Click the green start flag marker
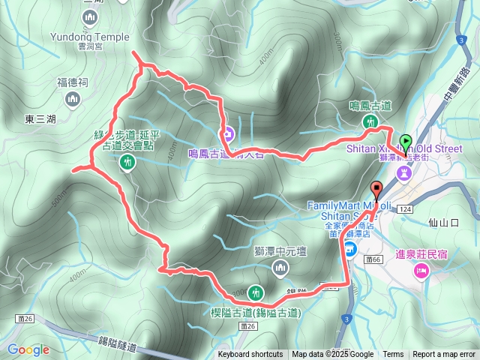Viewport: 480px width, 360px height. pos(406,140)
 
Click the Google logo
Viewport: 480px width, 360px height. pos(28,349)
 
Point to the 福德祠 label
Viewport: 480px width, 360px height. pos(73,84)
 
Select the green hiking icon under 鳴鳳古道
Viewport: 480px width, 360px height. pos(370,122)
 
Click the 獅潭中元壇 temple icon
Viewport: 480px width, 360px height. pos(280,268)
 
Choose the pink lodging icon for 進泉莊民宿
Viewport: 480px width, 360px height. pos(421,271)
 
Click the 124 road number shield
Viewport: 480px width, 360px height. pos(405,208)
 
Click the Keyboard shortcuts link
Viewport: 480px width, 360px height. pos(250,355)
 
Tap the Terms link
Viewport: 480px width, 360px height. pos(393,355)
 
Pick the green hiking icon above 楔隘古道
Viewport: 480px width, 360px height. pos(256,292)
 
